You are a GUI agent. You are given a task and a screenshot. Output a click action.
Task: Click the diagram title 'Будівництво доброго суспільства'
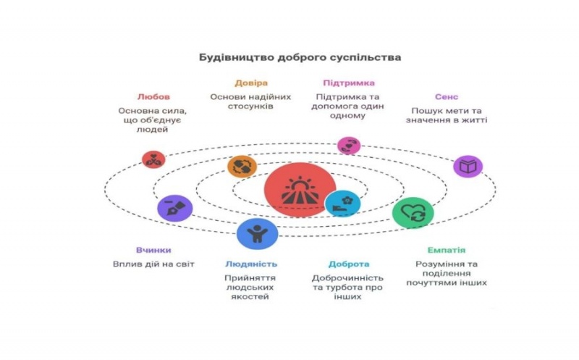[300, 56]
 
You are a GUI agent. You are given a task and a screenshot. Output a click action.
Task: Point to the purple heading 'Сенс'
[446, 96]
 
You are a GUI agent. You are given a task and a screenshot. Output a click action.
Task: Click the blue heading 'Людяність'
[250, 264]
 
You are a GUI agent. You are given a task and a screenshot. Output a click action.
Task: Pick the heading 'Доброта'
[347, 264]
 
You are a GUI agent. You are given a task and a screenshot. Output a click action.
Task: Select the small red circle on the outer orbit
[153, 159]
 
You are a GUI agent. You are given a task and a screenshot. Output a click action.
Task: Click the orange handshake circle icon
[242, 167]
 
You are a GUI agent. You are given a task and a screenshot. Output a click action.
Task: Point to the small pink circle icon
[349, 145]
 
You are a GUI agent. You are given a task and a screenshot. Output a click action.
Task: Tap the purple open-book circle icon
[468, 167]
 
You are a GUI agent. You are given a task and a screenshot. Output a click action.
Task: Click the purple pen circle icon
[174, 208]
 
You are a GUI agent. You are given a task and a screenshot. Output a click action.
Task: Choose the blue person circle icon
[256, 233]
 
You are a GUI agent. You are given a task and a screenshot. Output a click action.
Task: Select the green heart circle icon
[413, 213]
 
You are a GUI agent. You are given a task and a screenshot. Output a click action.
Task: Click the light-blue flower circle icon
[343, 204]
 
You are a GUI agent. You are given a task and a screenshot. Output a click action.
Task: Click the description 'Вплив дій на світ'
[153, 264]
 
